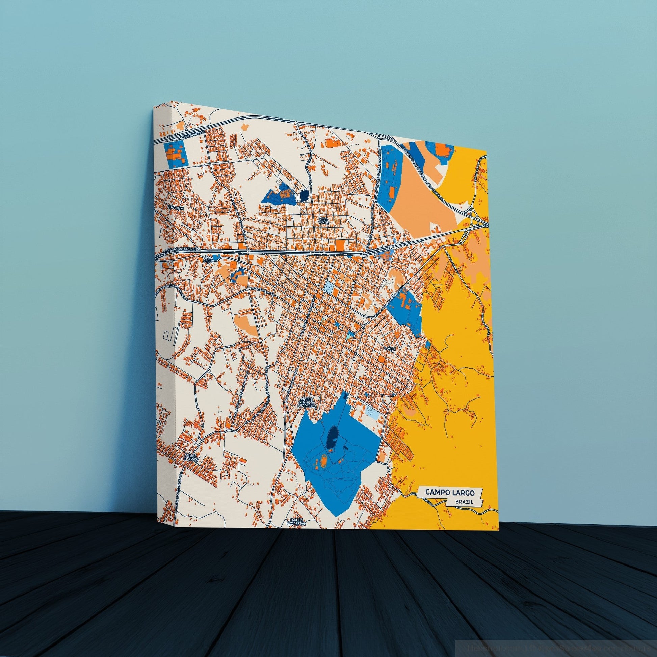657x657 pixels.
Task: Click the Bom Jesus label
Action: [209, 260]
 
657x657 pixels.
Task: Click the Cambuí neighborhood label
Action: [388, 348]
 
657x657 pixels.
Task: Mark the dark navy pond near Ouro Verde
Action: [304, 195]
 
